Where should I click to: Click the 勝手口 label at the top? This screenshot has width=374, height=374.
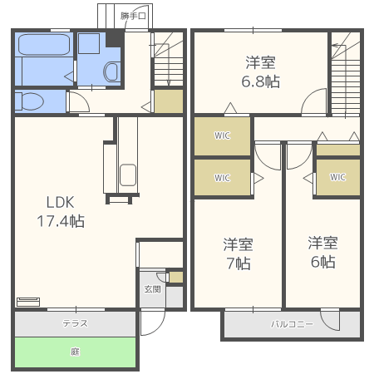[x=133, y=16]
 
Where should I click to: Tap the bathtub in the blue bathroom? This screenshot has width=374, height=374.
[x=44, y=44]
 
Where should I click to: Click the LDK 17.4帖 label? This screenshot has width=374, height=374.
[x=61, y=212]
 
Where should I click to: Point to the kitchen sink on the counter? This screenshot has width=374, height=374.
[x=128, y=175]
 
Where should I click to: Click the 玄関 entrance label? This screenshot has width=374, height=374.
[x=152, y=289]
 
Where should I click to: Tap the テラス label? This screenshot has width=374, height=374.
[x=75, y=323]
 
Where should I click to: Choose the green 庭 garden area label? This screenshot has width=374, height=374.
[x=75, y=352]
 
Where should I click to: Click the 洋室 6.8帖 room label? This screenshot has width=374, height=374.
[x=260, y=72]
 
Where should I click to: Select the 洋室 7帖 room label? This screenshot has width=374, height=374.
[x=239, y=253]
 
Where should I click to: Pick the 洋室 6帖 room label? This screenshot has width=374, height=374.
[x=323, y=252]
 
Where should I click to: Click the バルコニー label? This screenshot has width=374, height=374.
[x=292, y=324]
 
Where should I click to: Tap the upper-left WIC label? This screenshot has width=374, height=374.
[x=222, y=135]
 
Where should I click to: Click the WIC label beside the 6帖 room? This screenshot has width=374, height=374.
[x=337, y=177]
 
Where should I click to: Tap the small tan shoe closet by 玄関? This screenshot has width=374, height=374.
[x=176, y=277]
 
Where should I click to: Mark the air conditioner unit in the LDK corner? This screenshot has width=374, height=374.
[x=28, y=302]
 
